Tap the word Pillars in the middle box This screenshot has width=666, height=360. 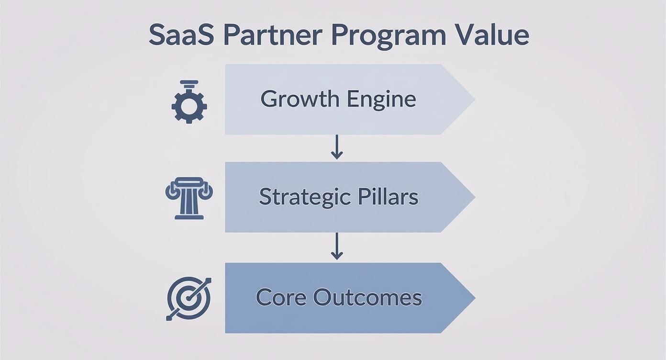click(x=388, y=197)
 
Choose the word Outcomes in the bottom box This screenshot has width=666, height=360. click(x=367, y=297)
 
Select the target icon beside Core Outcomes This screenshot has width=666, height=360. click(x=189, y=298)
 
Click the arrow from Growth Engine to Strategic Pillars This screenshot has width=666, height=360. click(x=337, y=147)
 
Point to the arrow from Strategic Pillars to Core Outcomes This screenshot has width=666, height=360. click(x=337, y=247)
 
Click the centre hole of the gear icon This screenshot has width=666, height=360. click(x=189, y=106)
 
